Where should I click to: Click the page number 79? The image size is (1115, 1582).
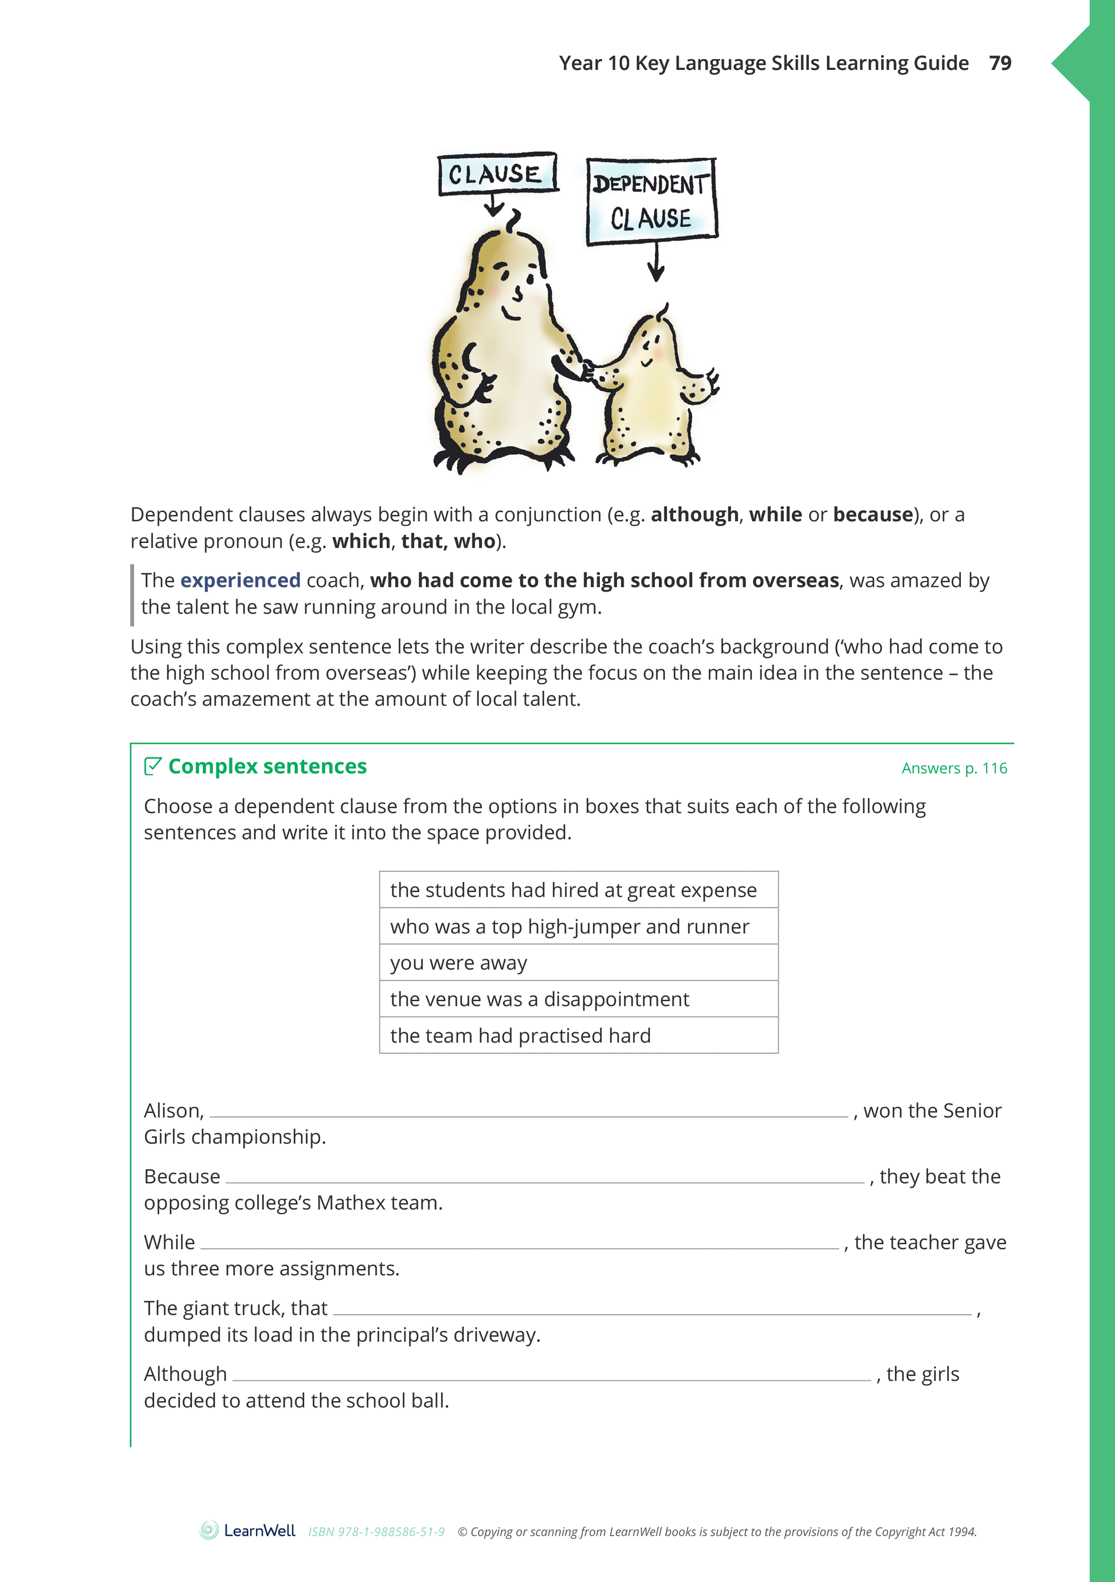[x=1000, y=64]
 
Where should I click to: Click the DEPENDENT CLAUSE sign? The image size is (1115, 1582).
[x=651, y=201]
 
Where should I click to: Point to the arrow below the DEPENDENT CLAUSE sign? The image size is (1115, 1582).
[x=656, y=263]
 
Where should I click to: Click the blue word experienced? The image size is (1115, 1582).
[x=240, y=580]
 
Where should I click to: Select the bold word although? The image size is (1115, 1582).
[x=694, y=515]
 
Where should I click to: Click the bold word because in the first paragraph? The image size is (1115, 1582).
[x=873, y=515]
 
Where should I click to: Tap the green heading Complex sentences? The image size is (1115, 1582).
[x=267, y=766]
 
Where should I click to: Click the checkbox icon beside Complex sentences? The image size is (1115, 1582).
[x=153, y=766]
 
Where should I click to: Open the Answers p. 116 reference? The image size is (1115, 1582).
[x=954, y=768]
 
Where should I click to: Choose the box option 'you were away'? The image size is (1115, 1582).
[x=459, y=963]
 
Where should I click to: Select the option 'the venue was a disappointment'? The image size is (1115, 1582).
[x=539, y=999]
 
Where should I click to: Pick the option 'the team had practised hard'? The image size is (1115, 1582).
[x=520, y=1036]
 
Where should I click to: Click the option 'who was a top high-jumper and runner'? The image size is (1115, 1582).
[x=570, y=927]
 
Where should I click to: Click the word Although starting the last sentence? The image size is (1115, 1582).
[x=185, y=1374]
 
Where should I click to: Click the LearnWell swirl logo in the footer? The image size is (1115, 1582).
[x=209, y=1530]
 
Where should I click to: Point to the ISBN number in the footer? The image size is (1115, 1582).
[x=376, y=1532]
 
